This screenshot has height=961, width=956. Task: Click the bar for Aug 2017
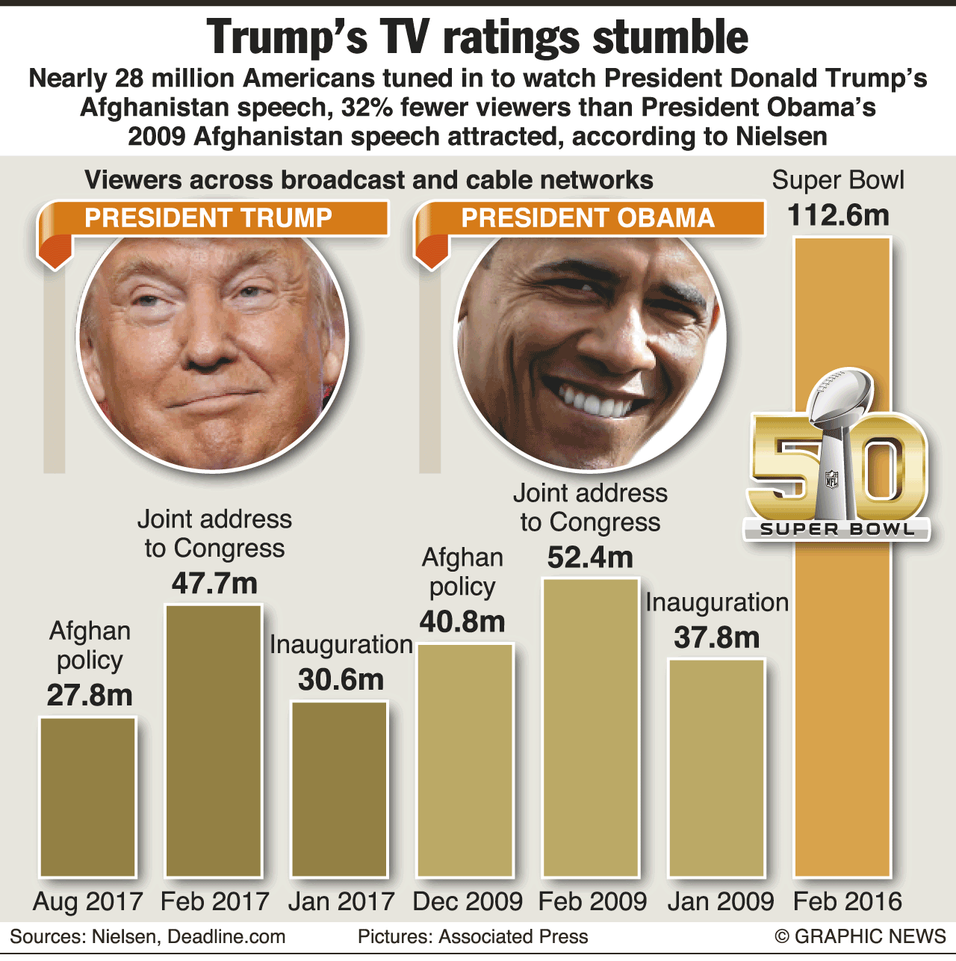coord(88,797)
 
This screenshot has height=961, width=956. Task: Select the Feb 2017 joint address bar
coord(214,740)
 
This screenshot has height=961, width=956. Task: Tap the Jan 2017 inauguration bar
coord(340,788)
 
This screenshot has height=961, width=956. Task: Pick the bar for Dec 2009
coord(465,759)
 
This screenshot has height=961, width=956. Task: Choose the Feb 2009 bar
coord(591,726)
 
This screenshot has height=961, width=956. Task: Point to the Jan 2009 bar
coord(716,767)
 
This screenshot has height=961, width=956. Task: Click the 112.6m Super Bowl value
coord(839,216)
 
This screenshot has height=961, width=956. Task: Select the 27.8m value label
coord(90,696)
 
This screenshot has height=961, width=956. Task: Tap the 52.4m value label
coord(590,557)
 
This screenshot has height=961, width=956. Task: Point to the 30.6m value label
coord(341,680)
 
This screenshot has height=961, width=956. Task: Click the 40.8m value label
coord(462,622)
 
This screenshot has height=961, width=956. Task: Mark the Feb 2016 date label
coord(848,902)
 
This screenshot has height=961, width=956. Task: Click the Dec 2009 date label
coord(468,902)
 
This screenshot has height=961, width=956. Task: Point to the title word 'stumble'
coord(670,37)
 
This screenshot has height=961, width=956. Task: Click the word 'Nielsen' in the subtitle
coord(781,137)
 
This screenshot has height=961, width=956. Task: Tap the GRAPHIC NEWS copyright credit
coord(860,937)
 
